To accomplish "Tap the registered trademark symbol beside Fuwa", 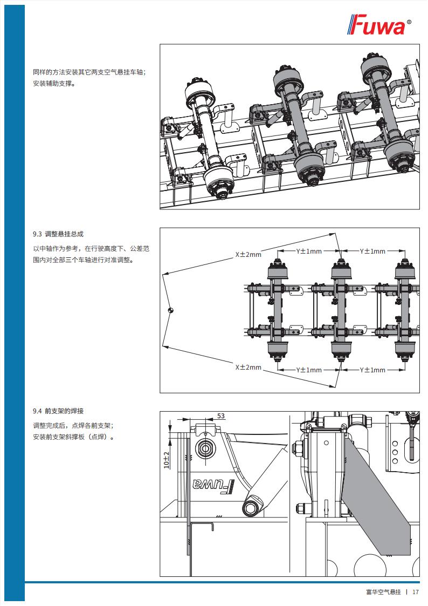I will pos(409,22).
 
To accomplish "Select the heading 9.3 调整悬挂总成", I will pos(58,234).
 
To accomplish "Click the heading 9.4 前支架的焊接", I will pos(58,410).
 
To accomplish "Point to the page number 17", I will pos(416,592).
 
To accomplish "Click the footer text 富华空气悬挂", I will pos(383,592).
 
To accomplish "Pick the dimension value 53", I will pos(221,416).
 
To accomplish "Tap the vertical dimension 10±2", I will pos(166,459).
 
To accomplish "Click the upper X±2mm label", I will pos(248,254).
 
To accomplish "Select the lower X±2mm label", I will pos(248,367).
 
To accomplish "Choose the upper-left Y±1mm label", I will pos(308,251).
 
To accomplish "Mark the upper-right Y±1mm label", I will pos(372,251).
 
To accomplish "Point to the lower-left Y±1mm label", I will pos(308,370).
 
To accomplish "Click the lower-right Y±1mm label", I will pos(372,370).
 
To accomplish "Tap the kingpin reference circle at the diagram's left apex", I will pos(170,310).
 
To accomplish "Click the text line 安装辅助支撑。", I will pos(54,84).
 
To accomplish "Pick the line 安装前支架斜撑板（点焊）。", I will pos(74,437).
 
